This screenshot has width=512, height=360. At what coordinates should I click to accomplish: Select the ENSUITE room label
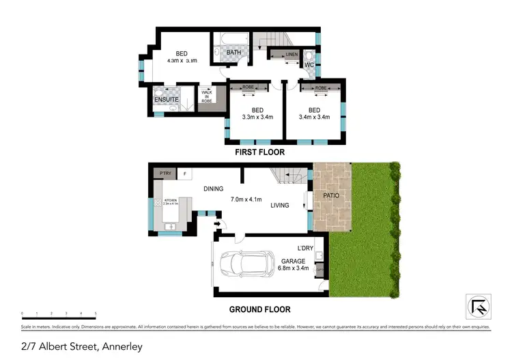[x=166, y=100]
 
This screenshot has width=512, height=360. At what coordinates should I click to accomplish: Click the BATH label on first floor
[x=233, y=52]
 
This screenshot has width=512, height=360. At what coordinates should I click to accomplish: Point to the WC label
[x=308, y=66]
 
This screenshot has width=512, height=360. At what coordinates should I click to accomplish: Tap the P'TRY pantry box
[x=165, y=174]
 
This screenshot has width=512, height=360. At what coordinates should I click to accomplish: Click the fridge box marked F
[x=186, y=174]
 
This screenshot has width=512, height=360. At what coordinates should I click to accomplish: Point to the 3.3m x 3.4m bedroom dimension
[x=257, y=117]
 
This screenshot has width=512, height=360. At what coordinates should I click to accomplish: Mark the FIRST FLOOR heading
[x=259, y=152]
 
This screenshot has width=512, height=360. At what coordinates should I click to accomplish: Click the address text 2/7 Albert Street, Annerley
[x=82, y=346]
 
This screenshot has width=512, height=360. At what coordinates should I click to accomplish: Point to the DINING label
[x=213, y=189]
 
